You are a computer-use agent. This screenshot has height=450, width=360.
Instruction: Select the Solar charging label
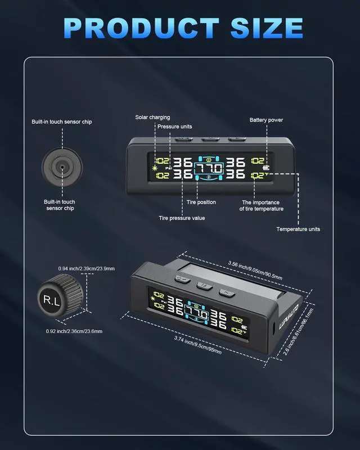(152, 118)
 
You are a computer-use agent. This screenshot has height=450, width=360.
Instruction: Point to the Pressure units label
(174, 127)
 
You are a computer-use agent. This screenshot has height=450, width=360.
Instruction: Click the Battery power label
(266, 120)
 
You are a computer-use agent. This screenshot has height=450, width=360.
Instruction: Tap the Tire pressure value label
(182, 218)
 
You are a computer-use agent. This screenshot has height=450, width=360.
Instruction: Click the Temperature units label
(298, 229)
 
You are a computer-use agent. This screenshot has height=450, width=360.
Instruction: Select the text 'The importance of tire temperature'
(263, 205)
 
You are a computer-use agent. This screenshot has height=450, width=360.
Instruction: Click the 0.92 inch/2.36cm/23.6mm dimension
(74, 331)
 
